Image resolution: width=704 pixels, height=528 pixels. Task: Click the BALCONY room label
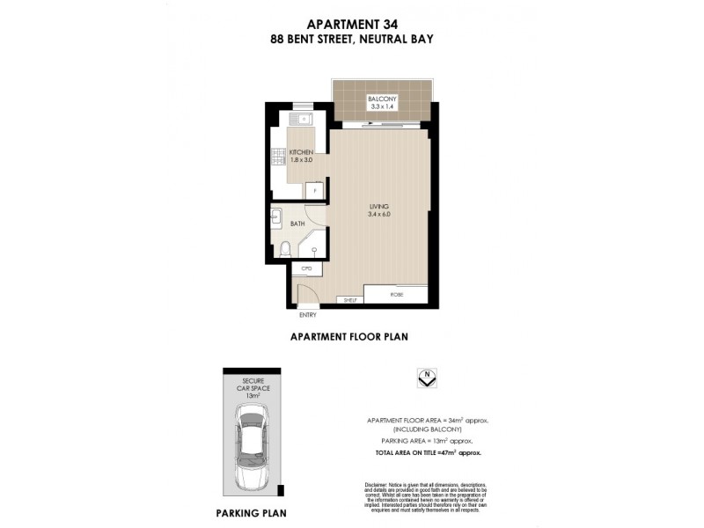click(381, 99)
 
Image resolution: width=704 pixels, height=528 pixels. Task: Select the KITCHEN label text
click(301, 152)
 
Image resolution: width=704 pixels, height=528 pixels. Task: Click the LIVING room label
click(379, 206)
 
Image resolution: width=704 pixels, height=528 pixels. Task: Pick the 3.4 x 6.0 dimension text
click(379, 214)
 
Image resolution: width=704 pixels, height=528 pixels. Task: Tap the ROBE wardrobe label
click(398, 294)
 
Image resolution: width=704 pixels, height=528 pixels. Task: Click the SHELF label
click(349, 300)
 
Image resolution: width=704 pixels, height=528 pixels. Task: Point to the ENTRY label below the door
click(308, 314)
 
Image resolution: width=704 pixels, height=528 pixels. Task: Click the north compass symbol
click(427, 378)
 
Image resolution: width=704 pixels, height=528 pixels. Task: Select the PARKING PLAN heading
click(251, 511)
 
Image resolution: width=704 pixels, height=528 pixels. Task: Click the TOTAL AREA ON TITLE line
click(427, 451)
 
